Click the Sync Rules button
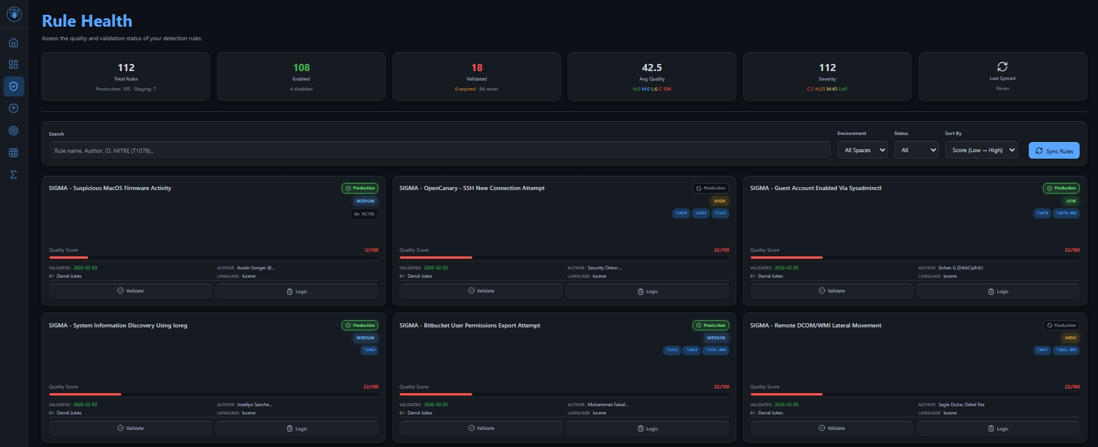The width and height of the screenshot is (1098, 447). click(1054, 151)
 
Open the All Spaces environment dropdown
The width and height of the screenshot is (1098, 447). click(862, 150)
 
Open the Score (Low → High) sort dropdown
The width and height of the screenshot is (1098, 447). click(981, 150)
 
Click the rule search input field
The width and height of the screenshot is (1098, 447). click(439, 150)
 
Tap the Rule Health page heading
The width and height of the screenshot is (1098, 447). click(87, 21)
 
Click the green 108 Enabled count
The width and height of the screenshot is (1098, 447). click(301, 68)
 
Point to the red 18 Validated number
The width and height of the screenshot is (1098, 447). click(476, 68)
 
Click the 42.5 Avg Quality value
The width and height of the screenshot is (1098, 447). click(652, 68)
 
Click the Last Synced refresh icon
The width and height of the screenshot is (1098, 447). click(1002, 66)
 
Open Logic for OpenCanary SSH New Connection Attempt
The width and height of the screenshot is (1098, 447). click(647, 291)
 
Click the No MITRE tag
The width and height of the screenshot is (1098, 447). click(364, 214)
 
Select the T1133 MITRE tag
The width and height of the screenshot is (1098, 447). click(720, 213)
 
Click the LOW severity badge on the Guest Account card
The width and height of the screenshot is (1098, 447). click(1071, 201)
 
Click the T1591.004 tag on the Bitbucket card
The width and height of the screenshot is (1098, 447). click(715, 350)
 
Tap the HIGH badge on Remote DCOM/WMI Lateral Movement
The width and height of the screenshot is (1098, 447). click(1070, 338)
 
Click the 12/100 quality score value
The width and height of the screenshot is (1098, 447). click(371, 250)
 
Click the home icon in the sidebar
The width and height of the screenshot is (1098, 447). click(14, 43)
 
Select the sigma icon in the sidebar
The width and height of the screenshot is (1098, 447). click(14, 175)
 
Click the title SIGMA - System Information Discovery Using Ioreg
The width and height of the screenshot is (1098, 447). click(118, 326)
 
